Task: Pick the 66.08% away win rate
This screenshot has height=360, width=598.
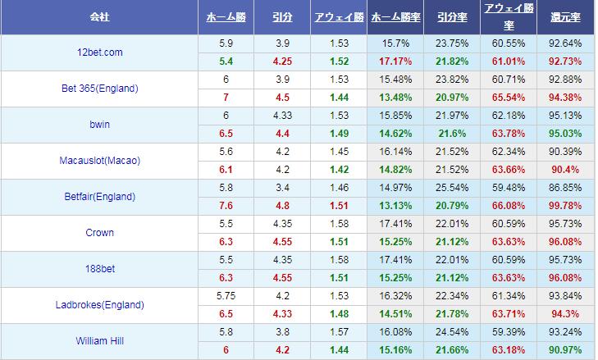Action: tap(508, 205)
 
